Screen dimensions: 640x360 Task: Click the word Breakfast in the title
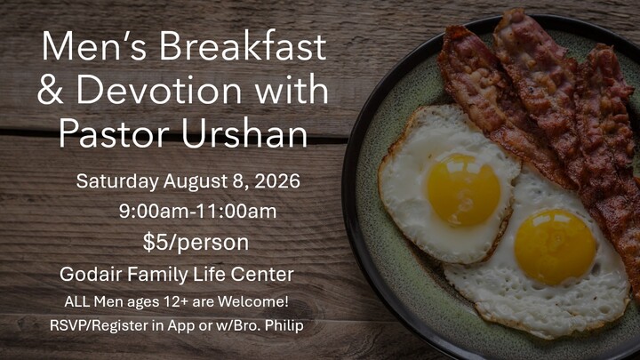coord(243,45)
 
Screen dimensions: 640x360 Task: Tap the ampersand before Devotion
coord(50,90)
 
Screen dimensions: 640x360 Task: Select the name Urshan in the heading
coord(244,133)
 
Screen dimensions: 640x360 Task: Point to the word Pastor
coord(114,133)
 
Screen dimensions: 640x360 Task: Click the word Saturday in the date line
coord(117,181)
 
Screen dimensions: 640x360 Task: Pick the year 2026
coord(277,180)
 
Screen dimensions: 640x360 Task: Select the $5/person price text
coord(196,243)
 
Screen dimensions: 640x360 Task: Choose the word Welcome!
coord(253,301)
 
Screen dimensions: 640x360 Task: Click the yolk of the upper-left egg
coord(464,190)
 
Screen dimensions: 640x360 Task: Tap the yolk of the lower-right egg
coord(555,247)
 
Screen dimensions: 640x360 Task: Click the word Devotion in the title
coord(159,90)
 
